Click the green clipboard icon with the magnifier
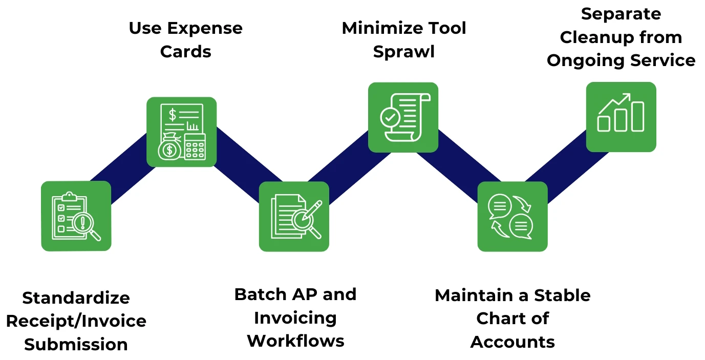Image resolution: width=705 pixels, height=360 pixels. [76, 216]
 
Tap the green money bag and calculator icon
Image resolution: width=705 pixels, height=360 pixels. [182, 132]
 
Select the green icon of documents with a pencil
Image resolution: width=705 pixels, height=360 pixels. [294, 216]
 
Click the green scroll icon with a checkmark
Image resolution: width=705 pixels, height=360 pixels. [403, 117]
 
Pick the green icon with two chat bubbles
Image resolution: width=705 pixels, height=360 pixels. [512, 216]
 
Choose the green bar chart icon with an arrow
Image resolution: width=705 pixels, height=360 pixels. [621, 117]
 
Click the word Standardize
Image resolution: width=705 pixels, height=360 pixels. [76, 298]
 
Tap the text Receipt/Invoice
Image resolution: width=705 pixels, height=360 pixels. [76, 321]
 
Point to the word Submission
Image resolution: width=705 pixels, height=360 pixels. [76, 345]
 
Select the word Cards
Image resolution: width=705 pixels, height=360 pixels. [185, 52]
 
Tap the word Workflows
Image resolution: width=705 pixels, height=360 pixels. [295, 341]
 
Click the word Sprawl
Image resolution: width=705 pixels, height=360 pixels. [404, 52]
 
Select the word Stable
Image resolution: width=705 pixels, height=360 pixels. [562, 295]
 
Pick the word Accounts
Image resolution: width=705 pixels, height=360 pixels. [512, 342]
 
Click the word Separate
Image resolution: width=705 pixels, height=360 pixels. [621, 14]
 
